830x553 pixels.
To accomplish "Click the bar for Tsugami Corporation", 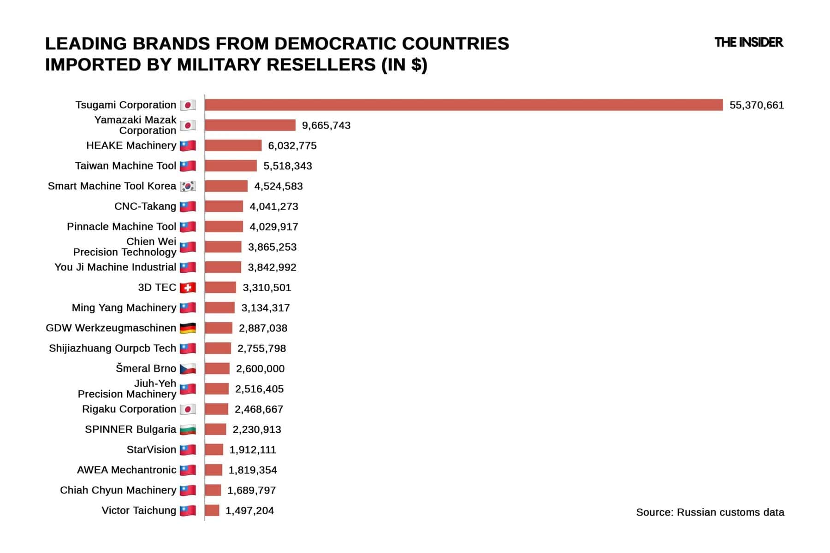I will coord(463,105).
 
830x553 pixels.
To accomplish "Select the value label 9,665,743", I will coord(326,125).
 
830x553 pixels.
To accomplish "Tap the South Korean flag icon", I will coord(188,186).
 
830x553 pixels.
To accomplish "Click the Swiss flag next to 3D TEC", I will coord(188,288).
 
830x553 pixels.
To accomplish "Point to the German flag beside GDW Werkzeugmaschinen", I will coord(188,328).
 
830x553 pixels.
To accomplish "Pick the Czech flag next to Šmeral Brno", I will coord(188,369).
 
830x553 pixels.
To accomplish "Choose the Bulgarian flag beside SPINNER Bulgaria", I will coord(188,429).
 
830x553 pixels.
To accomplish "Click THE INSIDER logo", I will coord(748,42).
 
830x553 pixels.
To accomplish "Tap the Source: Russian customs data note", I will coord(710,512).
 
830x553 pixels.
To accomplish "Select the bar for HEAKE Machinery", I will coord(233,146).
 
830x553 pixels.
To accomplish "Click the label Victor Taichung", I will coord(139,511).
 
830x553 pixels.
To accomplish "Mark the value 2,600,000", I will coord(260,369).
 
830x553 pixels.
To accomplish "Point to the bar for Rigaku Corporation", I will coord(216,409).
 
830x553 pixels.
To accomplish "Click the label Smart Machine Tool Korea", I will coord(112,186).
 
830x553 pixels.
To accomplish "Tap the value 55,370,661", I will coord(756,105).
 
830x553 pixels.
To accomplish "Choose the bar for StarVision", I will coord(214,450).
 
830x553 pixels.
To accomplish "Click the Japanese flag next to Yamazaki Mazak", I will coord(188,125).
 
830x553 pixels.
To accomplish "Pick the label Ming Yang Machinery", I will coord(124,308).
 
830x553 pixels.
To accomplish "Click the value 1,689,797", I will coord(251,490).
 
